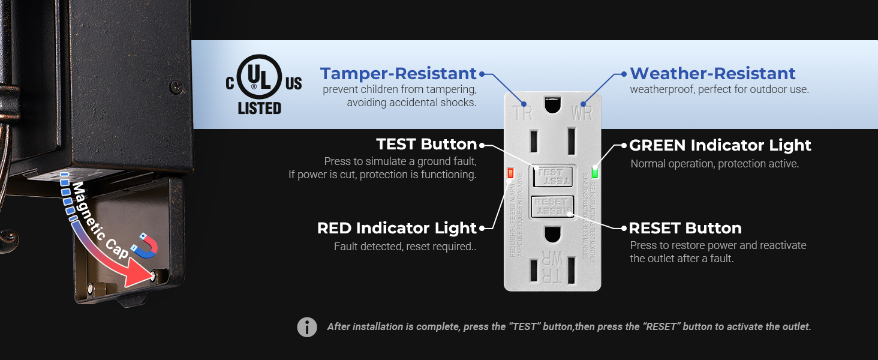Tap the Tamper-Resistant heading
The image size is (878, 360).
[x=398, y=74]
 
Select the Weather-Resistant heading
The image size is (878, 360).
[x=712, y=74]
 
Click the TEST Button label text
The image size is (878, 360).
[x=426, y=145]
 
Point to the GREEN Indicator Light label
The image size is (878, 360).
[x=720, y=145]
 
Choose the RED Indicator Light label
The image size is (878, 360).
[x=396, y=228]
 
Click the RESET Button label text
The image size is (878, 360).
[x=685, y=228]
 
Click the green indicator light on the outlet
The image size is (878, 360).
[x=595, y=173]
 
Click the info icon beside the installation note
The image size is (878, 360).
[x=307, y=327]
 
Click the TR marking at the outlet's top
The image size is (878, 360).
[x=524, y=112]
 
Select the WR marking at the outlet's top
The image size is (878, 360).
[x=582, y=112]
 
